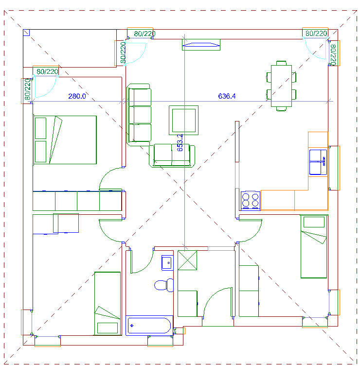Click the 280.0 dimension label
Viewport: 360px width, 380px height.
77,96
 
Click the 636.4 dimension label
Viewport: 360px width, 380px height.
227,96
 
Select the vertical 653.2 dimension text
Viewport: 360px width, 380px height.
180,143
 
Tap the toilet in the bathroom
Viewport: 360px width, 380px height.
164,285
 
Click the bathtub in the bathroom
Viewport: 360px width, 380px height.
149,326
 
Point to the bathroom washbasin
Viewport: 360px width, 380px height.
167,262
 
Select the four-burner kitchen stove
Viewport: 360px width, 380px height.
251,201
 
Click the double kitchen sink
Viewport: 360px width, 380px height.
318,162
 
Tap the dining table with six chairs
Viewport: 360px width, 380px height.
281,86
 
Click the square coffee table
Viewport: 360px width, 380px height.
183,120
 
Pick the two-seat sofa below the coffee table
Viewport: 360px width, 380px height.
172,155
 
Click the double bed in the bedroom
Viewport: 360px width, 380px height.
65,140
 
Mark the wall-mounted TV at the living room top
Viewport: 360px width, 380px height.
201,45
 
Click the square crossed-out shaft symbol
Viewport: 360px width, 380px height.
187,260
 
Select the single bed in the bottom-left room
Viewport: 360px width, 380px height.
108,303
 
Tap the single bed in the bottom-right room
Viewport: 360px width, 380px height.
314,246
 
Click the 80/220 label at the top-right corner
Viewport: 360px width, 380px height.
316,33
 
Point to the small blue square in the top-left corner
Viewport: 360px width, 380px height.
26,33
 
